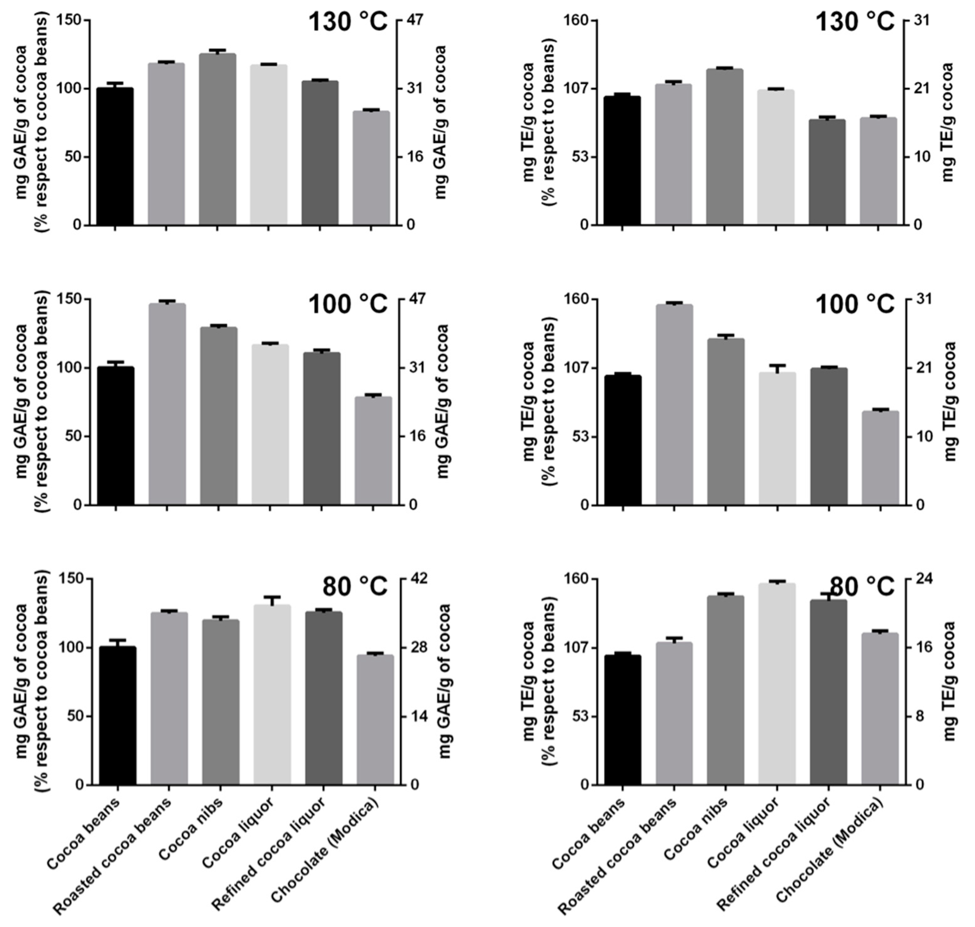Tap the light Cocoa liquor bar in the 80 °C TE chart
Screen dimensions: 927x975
pos(776,684)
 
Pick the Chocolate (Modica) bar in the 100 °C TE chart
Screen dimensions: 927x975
pos(880,458)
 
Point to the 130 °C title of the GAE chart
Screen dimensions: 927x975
pos(348,22)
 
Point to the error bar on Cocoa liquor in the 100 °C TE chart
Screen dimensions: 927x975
pos(777,368)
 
